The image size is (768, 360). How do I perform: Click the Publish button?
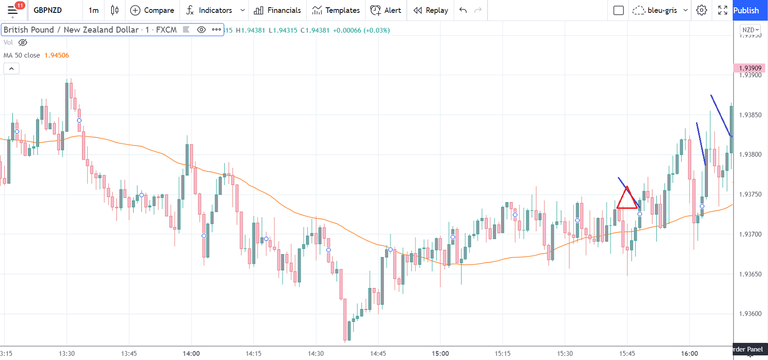coord(746,10)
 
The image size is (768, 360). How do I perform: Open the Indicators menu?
coord(209,10)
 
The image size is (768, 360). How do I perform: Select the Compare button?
coord(152,10)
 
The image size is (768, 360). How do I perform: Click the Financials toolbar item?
coord(278,10)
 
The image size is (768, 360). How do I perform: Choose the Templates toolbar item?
coord(336,10)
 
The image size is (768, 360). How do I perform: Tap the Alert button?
coord(386,10)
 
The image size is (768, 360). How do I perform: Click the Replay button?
coord(431,10)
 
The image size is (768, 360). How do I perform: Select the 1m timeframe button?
coord(93,10)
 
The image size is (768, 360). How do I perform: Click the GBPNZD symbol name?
coord(48,10)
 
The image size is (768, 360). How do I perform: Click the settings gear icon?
coord(701,10)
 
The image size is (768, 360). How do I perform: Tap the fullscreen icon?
coord(723,10)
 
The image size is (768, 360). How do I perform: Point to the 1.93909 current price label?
coord(750,68)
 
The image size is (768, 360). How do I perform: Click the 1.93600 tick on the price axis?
coord(750,314)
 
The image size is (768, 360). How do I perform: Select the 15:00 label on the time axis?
coord(440,353)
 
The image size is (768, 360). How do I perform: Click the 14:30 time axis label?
coord(316,353)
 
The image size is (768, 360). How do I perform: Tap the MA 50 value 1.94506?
coord(57,55)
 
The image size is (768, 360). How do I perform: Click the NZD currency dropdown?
coord(750,30)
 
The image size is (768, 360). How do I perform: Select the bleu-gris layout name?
coord(662,10)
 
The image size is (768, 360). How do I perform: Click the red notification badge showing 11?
coord(20,5)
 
